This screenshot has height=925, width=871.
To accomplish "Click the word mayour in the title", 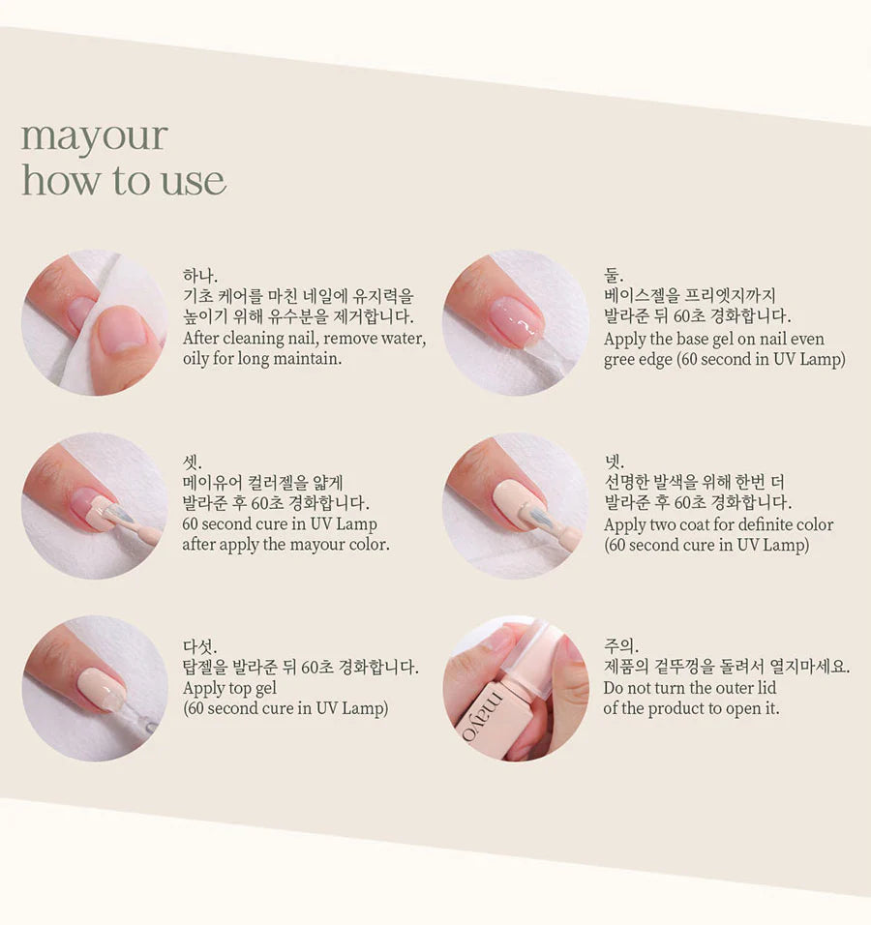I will click(94, 137).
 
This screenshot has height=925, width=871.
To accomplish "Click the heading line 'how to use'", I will click(124, 181).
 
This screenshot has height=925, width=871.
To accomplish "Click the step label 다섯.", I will click(200, 646).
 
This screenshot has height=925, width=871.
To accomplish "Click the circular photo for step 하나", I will click(94, 322).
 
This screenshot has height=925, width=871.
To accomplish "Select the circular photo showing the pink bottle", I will click(515, 688).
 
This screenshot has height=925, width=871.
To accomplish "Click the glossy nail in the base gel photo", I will click(516, 320).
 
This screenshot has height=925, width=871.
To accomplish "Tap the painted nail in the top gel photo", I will click(102, 689).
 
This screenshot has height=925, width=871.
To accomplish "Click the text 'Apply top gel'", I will click(229, 688).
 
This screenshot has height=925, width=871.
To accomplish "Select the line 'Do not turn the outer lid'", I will click(689, 688).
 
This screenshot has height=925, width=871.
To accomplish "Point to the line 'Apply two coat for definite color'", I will click(718, 524).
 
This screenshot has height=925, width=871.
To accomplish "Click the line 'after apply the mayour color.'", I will click(285, 544).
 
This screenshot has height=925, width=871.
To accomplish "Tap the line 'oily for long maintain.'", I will click(261, 359).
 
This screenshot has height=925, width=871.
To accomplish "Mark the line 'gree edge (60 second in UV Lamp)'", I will click(724, 359).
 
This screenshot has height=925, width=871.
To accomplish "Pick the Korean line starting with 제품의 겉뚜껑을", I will click(727, 667).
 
